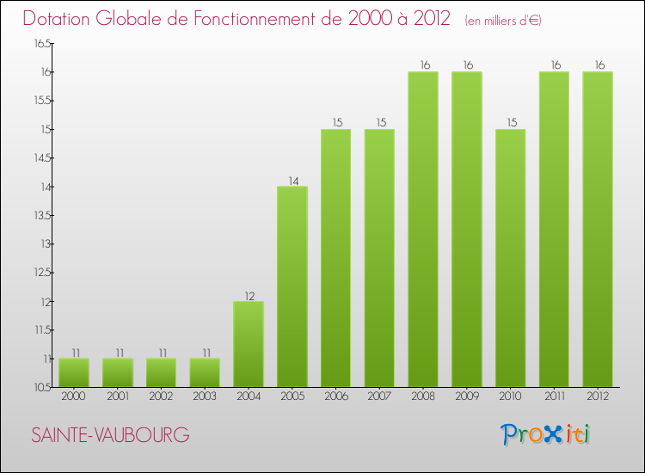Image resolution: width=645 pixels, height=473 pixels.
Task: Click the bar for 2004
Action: click(249, 344)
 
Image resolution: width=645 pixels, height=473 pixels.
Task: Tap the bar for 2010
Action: click(511, 258)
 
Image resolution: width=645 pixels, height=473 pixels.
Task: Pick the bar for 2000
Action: click(74, 372)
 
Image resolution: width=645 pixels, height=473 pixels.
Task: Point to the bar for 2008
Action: click(423, 229)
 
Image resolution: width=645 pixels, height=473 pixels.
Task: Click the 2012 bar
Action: click(598, 229)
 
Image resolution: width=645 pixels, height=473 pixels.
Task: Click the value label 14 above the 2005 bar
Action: click(292, 181)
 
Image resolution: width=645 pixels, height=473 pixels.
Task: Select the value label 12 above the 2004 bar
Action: click(249, 296)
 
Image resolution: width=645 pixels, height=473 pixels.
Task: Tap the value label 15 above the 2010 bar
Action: click(511, 123)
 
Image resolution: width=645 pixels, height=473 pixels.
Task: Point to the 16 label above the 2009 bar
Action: click(467, 65)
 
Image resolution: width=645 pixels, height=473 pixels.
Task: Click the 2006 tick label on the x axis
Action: click(335, 396)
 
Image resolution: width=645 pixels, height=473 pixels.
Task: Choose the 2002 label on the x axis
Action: click(161, 396)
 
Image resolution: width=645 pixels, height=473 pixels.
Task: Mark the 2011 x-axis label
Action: click(554, 396)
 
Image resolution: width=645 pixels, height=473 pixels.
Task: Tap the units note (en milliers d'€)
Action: click(503, 20)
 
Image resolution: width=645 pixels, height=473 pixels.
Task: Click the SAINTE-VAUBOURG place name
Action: click(110, 435)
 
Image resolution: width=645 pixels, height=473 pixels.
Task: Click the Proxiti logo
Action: click(546, 434)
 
